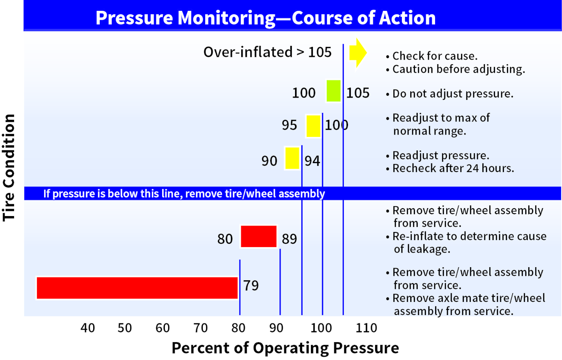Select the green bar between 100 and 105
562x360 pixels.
[333, 91]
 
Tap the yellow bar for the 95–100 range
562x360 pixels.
[313, 126]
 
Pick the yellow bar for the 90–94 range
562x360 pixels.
[292, 158]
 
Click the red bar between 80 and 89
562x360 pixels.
[259, 236]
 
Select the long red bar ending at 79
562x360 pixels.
[137, 288]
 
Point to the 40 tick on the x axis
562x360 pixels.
[88, 327]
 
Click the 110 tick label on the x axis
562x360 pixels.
[366, 327]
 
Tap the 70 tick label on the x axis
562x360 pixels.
[201, 327]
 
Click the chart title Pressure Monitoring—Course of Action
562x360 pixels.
[266, 18]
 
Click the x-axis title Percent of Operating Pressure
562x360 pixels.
[285, 348]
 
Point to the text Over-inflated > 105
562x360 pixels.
[267, 52]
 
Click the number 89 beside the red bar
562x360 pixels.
[289, 239]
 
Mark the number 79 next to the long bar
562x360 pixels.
[251, 285]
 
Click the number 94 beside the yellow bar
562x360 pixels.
[312, 161]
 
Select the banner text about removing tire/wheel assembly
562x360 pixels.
[184, 194]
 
